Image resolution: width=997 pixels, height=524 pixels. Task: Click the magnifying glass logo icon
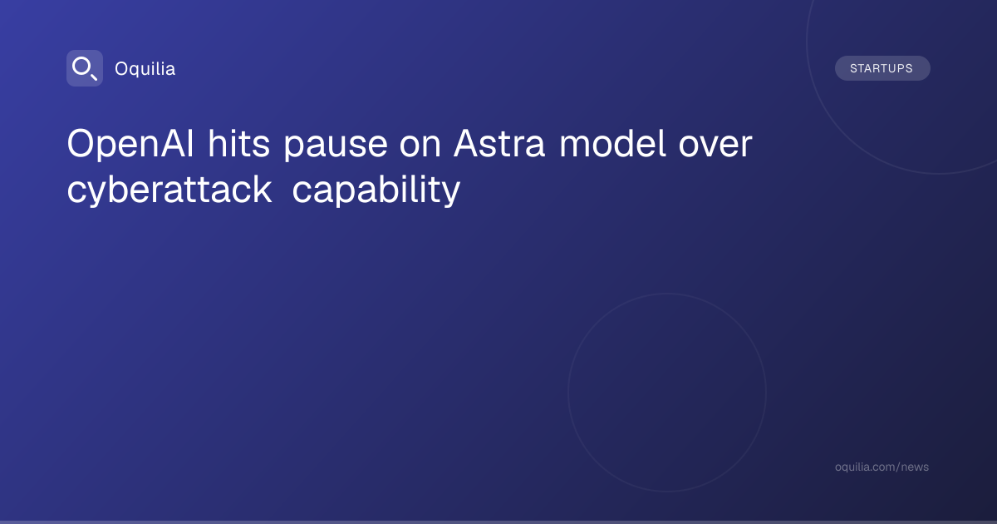pyautogui.click(x=85, y=68)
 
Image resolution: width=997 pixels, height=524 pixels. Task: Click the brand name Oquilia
pyautogui.click(x=145, y=69)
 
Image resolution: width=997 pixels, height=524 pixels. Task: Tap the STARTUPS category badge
pyautogui.click(x=882, y=68)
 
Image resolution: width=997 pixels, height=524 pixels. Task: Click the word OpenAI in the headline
pyautogui.click(x=130, y=145)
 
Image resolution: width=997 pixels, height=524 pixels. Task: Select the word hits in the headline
pyautogui.click(x=239, y=143)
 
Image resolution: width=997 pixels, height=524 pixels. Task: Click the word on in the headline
pyautogui.click(x=420, y=147)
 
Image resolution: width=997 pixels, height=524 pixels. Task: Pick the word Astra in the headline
pyautogui.click(x=499, y=143)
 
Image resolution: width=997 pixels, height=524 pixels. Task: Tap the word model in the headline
pyautogui.click(x=612, y=143)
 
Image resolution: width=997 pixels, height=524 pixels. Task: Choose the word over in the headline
pyautogui.click(x=715, y=147)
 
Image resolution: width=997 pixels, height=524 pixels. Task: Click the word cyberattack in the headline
pyautogui.click(x=169, y=190)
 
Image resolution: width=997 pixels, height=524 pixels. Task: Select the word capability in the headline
pyautogui.click(x=376, y=190)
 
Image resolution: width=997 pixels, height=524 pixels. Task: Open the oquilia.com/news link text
pyautogui.click(x=882, y=467)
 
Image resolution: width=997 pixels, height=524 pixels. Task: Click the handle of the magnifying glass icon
pyautogui.click(x=94, y=77)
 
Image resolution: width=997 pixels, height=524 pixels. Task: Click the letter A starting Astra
pyautogui.click(x=467, y=143)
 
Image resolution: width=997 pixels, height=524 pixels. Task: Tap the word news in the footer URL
pyautogui.click(x=915, y=467)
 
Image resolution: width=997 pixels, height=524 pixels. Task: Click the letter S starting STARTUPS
pyautogui.click(x=854, y=68)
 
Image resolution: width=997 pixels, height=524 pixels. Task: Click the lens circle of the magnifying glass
pyautogui.click(x=81, y=67)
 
